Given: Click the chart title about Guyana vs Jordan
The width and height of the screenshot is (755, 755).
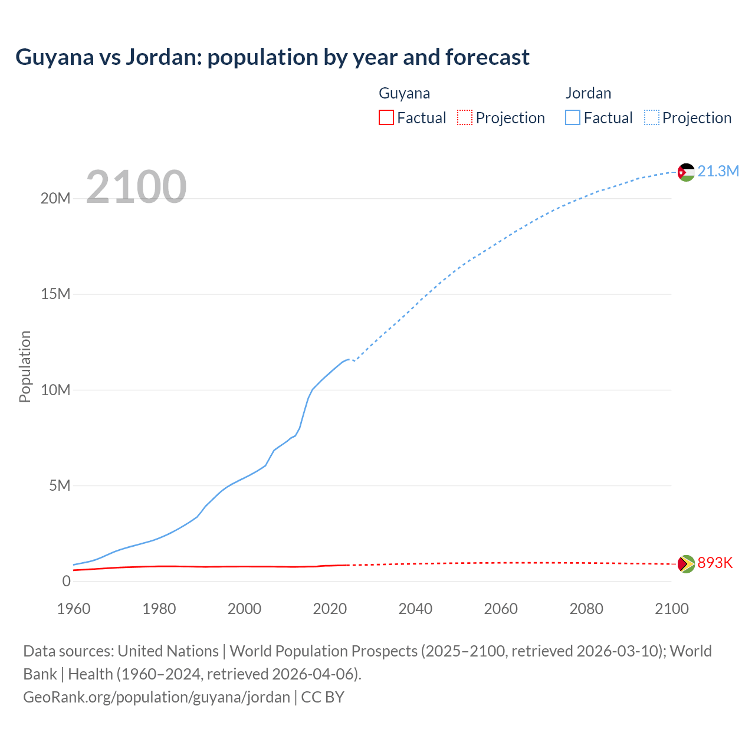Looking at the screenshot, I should coord(272,57).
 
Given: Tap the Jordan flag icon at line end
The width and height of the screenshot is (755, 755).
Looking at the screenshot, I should coord(686,172).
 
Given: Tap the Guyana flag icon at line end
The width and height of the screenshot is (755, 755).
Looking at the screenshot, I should coord(686,564).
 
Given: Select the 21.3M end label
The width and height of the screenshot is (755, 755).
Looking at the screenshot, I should coord(718,172).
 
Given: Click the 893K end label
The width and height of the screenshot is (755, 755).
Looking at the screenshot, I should coord(715,563).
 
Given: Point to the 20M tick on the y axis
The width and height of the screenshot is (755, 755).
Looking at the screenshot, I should coord(55,199).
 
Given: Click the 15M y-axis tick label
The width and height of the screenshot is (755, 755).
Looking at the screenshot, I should coord(55,294).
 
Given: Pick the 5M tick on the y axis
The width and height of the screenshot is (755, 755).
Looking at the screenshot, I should coord(60,486).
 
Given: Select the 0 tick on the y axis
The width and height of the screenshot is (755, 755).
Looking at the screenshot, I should coord(66,582).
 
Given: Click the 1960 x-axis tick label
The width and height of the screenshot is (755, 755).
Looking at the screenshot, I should coord(74,609).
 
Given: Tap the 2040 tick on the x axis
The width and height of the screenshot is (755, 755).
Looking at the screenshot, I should coord(415,609).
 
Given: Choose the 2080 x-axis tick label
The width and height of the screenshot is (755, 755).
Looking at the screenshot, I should coord(586,609).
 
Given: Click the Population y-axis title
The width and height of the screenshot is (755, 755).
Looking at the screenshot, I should coord(25,366).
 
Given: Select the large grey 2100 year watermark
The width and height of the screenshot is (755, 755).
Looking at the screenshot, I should coord(136,187).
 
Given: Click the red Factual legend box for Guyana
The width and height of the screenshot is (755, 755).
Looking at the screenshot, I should coord(386,117).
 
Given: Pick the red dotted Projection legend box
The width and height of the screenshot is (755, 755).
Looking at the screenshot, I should coord(465,117).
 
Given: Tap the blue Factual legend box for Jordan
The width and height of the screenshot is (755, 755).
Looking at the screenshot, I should coord(573,117).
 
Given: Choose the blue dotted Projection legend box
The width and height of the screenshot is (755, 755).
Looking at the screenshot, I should coord(652,117).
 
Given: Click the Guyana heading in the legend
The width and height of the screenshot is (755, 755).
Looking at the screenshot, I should coord(404,93).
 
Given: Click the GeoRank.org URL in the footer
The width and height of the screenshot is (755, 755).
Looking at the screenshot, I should coord(156,697).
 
